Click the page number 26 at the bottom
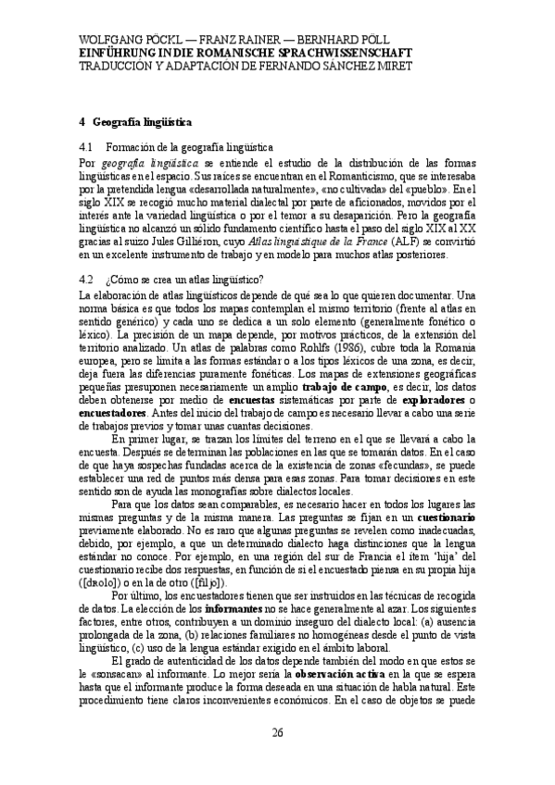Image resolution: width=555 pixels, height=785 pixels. coord(277,733)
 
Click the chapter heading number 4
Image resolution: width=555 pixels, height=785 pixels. coord(82,121)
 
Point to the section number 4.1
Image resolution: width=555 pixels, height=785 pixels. coord(88,146)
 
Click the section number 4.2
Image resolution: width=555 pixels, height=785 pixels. coord(88,280)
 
